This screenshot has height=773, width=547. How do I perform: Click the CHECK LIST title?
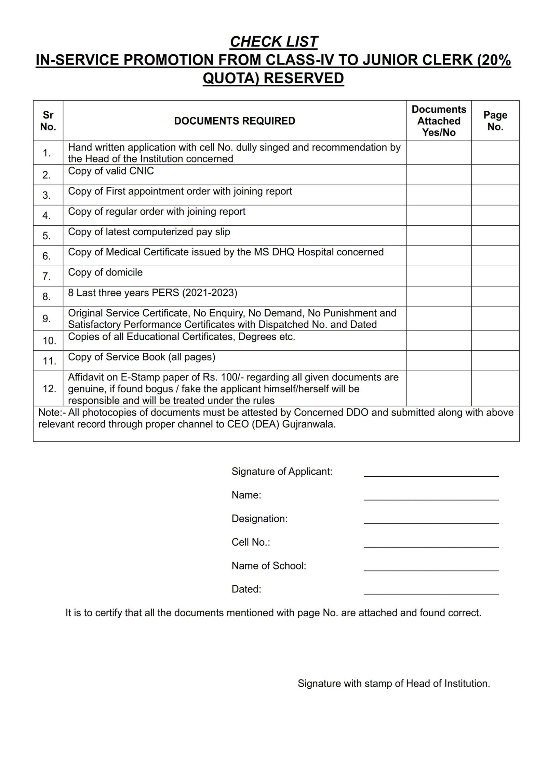coord(273,42)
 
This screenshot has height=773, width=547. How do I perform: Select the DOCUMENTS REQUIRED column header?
coord(235,121)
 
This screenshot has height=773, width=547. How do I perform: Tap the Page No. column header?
coord(495,121)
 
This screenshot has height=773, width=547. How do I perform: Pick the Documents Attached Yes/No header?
coord(439,121)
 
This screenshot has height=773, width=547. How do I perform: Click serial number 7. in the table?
coord(47,276)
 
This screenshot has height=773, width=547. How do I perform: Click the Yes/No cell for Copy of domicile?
coord(439,276)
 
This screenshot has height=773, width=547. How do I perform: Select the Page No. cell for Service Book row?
coord(495,361)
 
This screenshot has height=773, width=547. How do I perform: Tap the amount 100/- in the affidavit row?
coord(231,377)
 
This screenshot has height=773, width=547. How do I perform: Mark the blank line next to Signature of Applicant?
coord(431,474)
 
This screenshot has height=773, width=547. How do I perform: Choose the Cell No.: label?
coord(251,543)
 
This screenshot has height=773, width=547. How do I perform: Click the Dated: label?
coord(246,589)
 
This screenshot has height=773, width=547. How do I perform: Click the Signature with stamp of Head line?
coord(393,684)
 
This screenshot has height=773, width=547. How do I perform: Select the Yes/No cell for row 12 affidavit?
coord(439,388)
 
